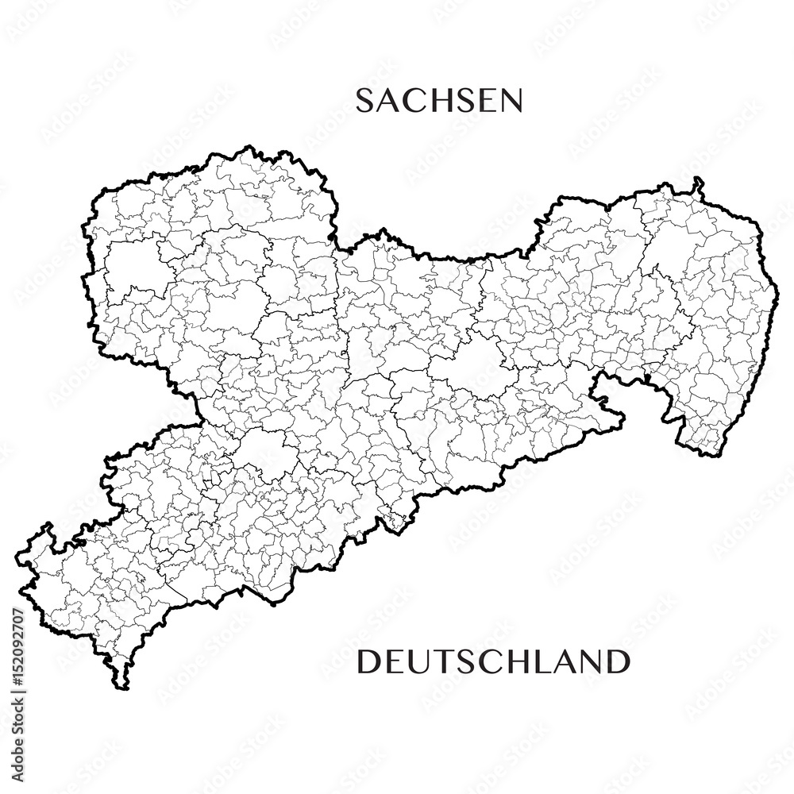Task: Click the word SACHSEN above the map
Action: click(438, 101)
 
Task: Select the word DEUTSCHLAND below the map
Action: click(493, 661)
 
